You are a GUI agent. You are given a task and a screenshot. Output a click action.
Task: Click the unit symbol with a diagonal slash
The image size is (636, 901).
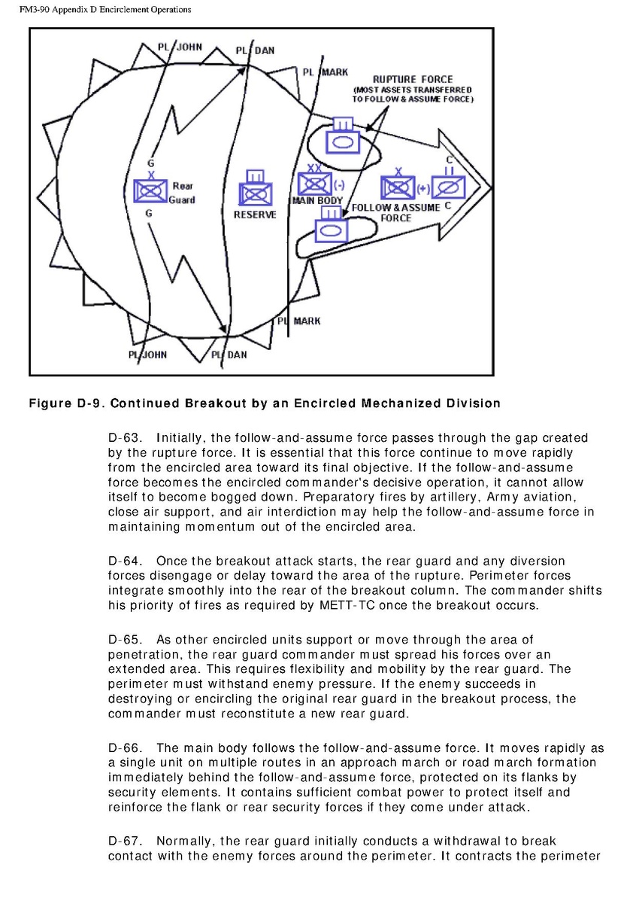click(449, 185)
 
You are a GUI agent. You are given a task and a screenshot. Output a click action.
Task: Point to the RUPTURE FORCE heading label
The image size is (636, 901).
click(413, 79)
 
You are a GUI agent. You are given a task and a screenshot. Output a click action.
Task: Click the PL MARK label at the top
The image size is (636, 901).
click(326, 72)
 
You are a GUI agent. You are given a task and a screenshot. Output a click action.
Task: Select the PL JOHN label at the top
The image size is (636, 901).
click(180, 47)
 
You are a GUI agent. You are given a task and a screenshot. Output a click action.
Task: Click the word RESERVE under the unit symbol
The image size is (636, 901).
click(255, 215)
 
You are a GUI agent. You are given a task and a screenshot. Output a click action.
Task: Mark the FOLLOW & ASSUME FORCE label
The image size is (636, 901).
click(395, 212)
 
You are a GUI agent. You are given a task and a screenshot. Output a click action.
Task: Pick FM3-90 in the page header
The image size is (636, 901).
click(22, 10)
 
